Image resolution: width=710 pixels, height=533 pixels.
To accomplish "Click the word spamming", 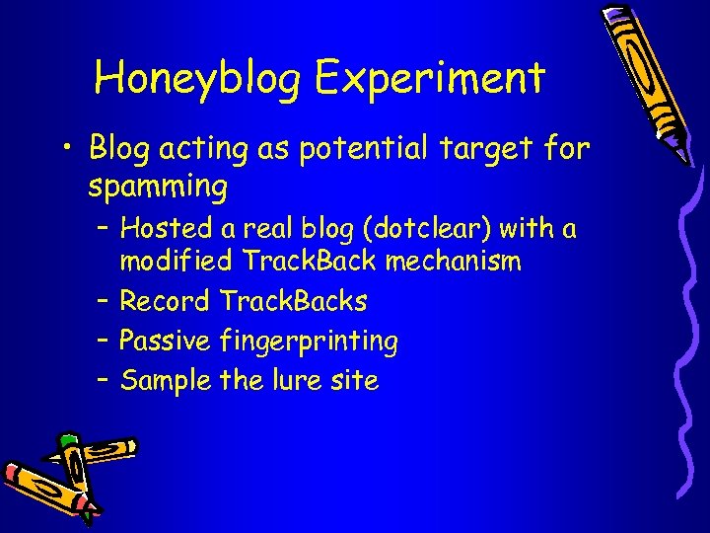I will (x=158, y=186).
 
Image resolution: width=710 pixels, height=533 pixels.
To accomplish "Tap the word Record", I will (x=165, y=300).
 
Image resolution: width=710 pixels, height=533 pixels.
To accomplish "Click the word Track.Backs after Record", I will (x=293, y=300).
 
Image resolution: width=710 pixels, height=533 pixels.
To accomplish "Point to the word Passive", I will (x=165, y=341).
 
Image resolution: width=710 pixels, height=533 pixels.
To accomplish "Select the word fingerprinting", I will (x=309, y=342).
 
